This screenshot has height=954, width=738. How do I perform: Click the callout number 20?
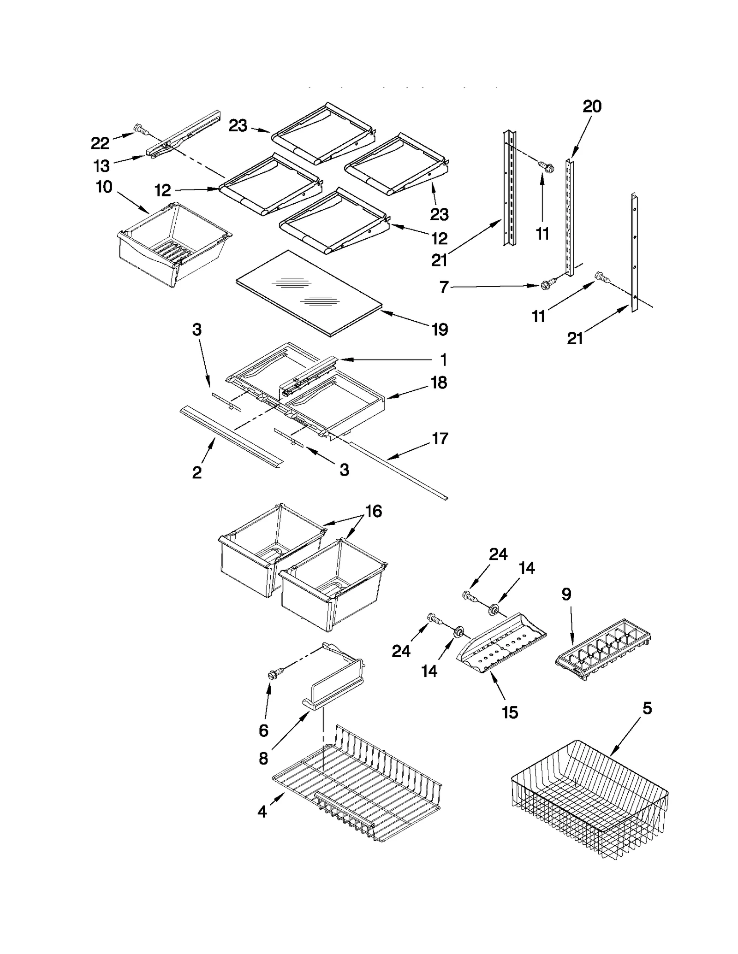[x=592, y=106]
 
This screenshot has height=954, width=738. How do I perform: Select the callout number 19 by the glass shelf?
[x=440, y=330]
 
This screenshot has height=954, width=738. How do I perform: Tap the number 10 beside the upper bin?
[x=104, y=187]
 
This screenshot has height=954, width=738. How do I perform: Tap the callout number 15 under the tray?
[x=510, y=713]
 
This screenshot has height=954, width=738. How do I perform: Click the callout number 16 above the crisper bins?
[x=374, y=511]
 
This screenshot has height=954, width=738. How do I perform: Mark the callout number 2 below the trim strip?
[x=197, y=472]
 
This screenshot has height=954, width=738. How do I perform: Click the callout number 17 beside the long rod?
[x=440, y=438]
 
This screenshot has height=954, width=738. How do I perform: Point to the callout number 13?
[x=101, y=165]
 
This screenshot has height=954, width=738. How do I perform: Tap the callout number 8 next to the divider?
[x=263, y=758]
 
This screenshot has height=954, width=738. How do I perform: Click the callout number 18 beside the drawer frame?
[x=439, y=383]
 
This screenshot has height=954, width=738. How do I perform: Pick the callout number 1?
[x=443, y=359]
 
